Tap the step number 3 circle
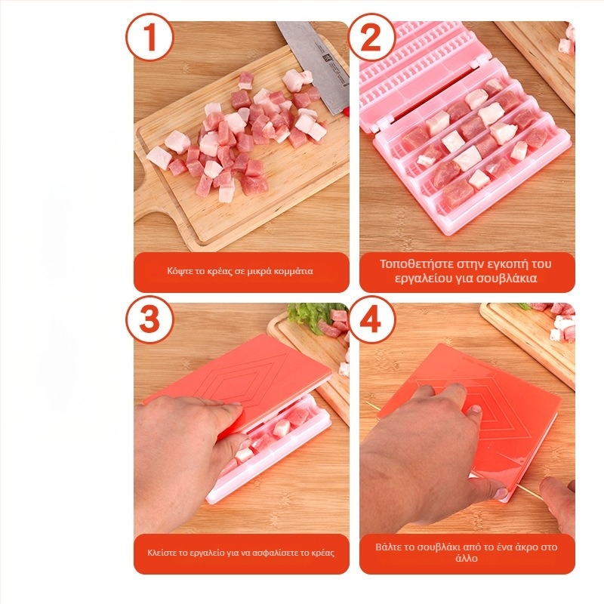(x=149, y=319)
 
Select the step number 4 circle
(x=371, y=319)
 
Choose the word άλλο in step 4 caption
(x=466, y=560)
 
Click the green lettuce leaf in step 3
(x=306, y=316)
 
